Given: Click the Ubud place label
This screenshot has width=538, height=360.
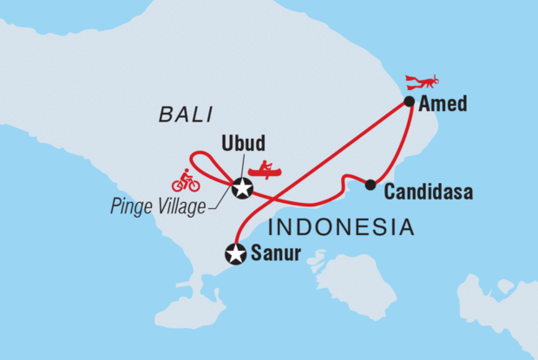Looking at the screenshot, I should pyautogui.click(x=242, y=143).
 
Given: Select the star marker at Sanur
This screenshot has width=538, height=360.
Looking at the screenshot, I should pyautogui.click(x=235, y=254).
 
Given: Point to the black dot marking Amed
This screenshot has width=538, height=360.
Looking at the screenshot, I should pyautogui.click(x=409, y=101).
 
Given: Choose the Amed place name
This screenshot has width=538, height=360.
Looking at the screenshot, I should pyautogui.click(x=443, y=104).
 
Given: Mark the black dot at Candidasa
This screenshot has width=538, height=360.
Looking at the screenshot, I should pyautogui.click(x=371, y=184).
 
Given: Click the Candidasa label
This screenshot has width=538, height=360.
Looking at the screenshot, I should pyautogui.click(x=427, y=192).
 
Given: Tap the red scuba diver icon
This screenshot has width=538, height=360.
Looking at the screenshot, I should pyautogui.click(x=424, y=82).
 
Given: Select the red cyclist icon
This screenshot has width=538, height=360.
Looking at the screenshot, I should pyautogui.click(x=186, y=180).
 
